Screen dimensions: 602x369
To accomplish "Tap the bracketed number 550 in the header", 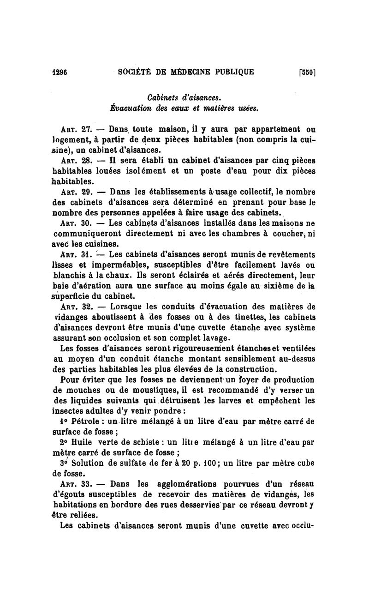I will pos(306,72).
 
